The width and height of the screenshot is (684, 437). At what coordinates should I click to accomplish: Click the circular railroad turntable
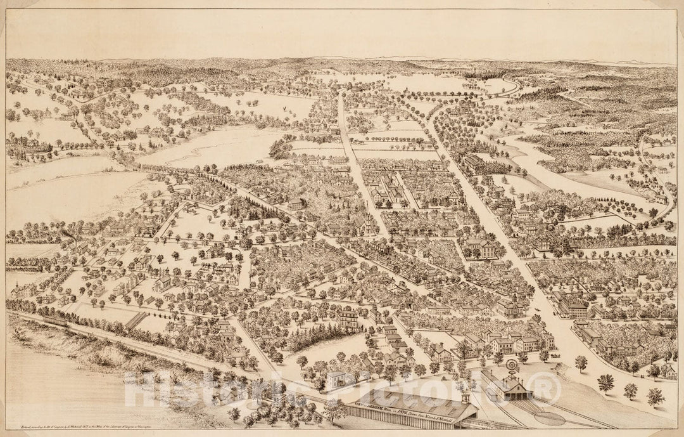point(549,419)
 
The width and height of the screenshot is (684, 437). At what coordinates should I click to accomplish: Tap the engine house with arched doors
point(507,388)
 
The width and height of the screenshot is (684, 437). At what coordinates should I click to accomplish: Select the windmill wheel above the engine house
point(512,366)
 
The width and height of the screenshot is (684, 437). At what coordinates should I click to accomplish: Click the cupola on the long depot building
point(465,398)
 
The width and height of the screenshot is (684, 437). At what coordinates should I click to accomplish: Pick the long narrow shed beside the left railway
point(136,320)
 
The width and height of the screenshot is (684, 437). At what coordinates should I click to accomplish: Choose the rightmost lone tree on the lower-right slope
point(655,397)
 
